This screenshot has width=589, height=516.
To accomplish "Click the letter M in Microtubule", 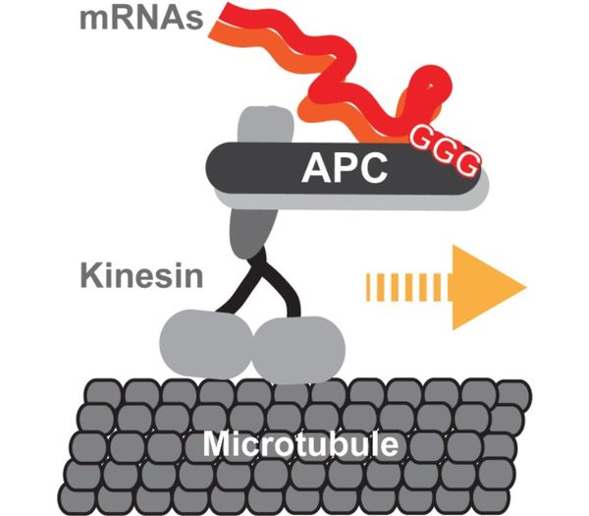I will pyautogui.click(x=217, y=445).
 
